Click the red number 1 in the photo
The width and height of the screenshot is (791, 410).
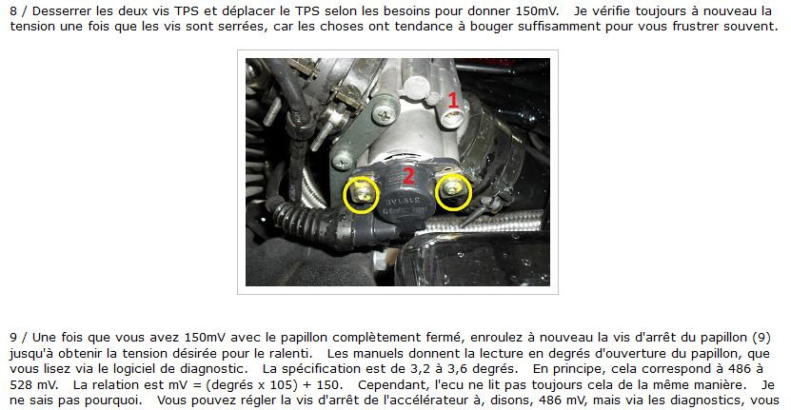point(453,100)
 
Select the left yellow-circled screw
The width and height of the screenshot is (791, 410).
point(361,195)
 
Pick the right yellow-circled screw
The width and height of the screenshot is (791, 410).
point(453,191)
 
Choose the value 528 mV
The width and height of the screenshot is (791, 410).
point(34,384)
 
